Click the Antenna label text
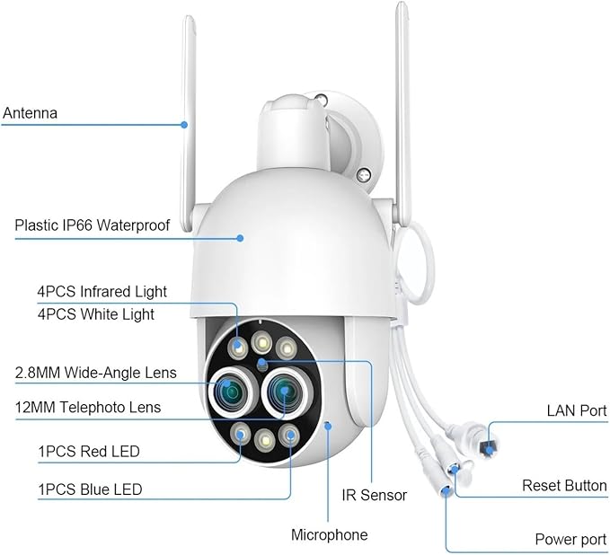click(x=30, y=113)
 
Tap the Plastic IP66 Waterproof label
click(x=93, y=225)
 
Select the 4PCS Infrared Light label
click(x=102, y=292)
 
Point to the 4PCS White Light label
click(x=96, y=314)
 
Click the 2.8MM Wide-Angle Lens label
click(x=96, y=373)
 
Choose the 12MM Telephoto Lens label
click(x=88, y=407)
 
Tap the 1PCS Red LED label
click(x=89, y=452)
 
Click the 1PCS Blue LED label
click(x=90, y=489)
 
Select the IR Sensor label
click(x=375, y=495)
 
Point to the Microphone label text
click(x=330, y=534)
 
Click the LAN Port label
click(x=577, y=410)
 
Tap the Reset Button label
click(x=564, y=485)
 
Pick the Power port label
click(x=570, y=539)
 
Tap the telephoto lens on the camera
click(x=285, y=392)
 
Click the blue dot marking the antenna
click(x=184, y=125)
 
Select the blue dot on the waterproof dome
click(x=241, y=238)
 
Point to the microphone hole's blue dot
click(x=328, y=427)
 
